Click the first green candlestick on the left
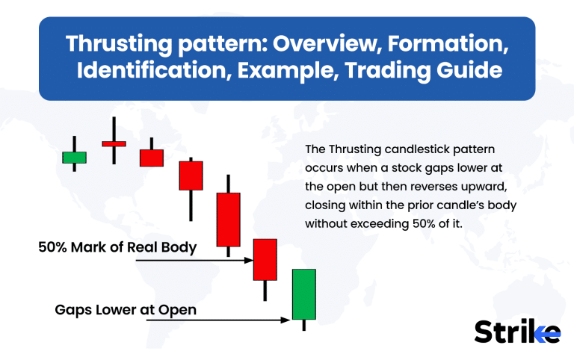point(74,157)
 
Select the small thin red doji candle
point(114,143)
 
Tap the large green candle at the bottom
point(303,294)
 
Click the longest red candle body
point(228,220)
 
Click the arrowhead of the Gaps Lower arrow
point(286,320)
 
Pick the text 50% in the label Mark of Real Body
point(54,247)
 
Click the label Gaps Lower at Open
point(126,308)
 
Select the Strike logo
point(516,330)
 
